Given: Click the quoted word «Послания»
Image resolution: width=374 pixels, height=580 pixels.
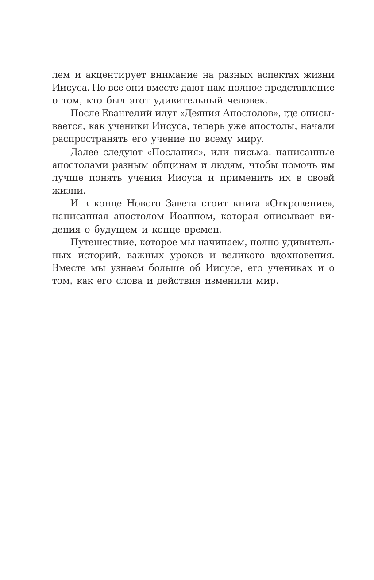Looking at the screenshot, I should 177,153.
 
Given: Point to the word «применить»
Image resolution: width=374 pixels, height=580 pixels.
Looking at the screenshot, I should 246,178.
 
